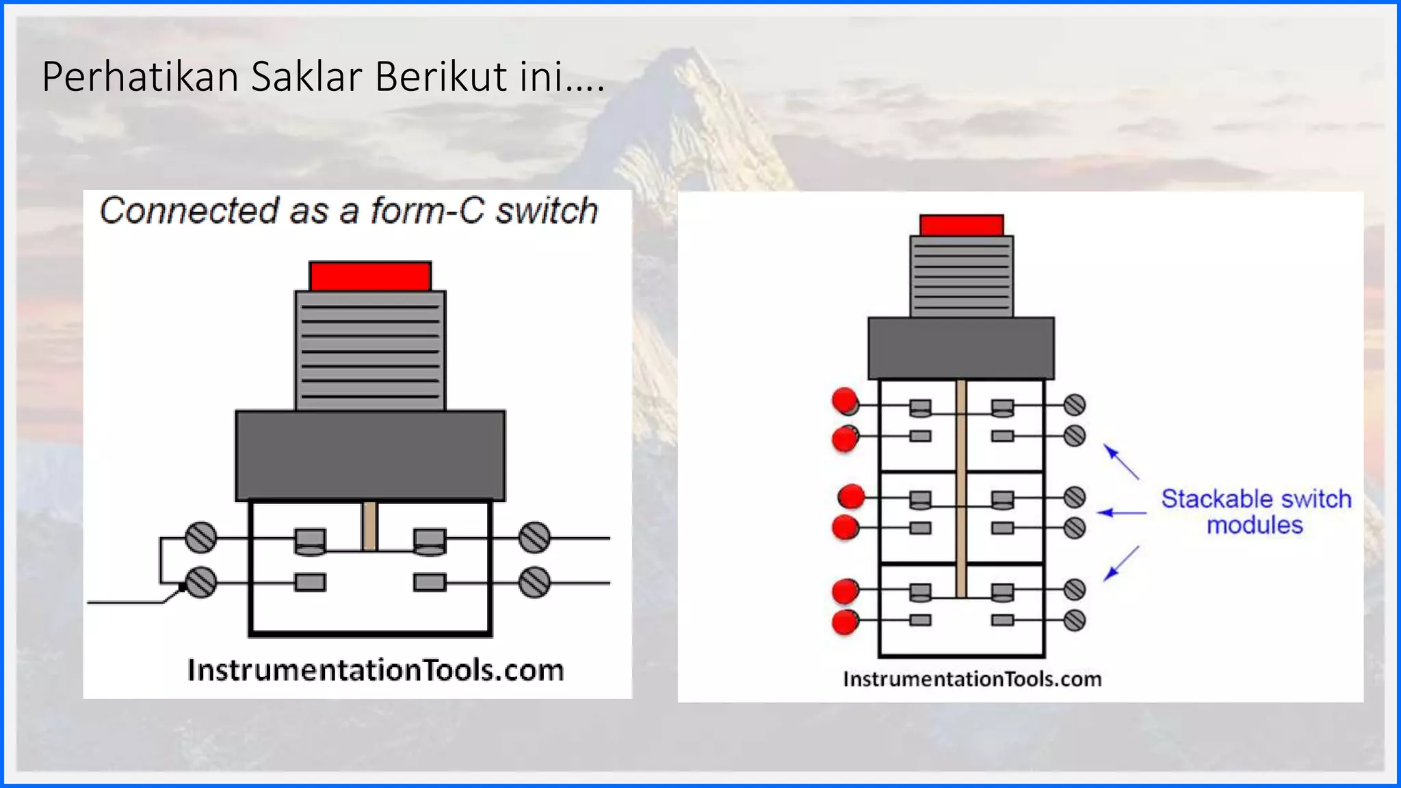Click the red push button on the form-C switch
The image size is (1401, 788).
click(370, 276)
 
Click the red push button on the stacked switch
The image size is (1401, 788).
click(961, 226)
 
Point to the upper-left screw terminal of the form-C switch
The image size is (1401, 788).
click(200, 538)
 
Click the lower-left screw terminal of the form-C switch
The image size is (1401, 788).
click(201, 583)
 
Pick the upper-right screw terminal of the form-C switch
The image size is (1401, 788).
click(534, 538)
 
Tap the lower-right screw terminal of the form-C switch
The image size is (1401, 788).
click(534, 583)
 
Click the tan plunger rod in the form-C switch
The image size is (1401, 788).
click(369, 525)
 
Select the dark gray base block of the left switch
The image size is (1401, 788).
click(370, 456)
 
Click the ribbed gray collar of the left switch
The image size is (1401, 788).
click(370, 351)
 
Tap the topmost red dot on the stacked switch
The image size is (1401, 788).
click(845, 400)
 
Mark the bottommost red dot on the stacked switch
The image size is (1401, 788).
click(846, 622)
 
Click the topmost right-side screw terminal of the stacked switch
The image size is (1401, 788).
click(1075, 405)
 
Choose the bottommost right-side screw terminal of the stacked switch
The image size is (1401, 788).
click(1075, 620)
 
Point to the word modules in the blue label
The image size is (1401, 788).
click(1255, 525)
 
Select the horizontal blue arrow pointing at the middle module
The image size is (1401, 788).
click(1122, 512)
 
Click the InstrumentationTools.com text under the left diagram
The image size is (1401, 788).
click(376, 670)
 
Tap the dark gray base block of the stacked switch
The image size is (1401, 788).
click(961, 348)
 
